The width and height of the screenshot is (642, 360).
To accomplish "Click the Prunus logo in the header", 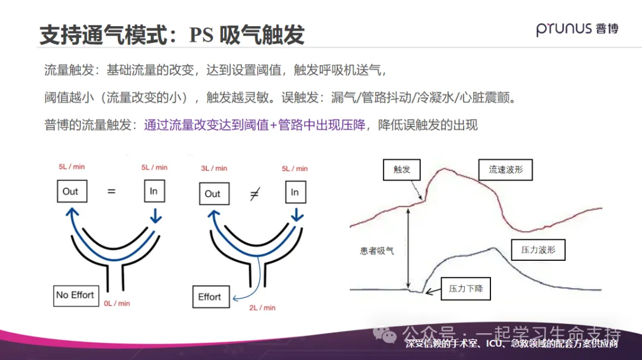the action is click(x=577, y=28).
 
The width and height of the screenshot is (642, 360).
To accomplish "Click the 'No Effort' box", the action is click(x=75, y=295).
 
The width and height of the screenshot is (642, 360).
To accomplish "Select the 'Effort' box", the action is click(x=210, y=296).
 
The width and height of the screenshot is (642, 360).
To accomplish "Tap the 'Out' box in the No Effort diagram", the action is click(x=70, y=191).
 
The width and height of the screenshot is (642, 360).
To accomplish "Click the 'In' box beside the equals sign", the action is click(x=153, y=191).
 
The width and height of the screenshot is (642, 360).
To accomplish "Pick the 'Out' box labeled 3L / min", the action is click(x=213, y=194).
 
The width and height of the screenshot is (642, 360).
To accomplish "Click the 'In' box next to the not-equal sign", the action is click(x=295, y=192).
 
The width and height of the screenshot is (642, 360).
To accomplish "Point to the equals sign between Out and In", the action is click(x=111, y=191).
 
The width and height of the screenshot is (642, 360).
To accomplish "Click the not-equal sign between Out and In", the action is click(x=254, y=193).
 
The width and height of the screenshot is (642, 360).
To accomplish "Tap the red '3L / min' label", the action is click(x=213, y=168).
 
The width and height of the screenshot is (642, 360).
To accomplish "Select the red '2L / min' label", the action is click(x=262, y=308).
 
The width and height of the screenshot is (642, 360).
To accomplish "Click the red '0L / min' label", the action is click(x=117, y=304).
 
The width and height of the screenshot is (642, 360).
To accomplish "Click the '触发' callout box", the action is click(x=402, y=169).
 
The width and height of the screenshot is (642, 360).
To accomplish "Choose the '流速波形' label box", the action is click(x=505, y=170).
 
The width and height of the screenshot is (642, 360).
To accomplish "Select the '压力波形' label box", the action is click(x=538, y=250).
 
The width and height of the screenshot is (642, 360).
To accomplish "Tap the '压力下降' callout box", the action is click(x=466, y=289).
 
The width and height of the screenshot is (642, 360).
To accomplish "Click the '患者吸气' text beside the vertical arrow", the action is click(x=377, y=251).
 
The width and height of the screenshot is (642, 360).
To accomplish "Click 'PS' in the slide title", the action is click(x=201, y=35).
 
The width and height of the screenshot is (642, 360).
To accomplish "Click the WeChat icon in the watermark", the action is click(x=390, y=335).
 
